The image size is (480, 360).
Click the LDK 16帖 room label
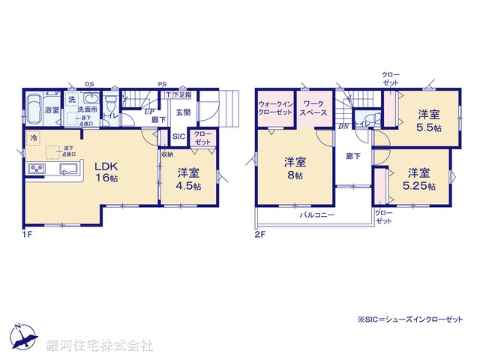(107, 172)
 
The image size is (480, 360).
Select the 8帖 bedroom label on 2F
(293, 168)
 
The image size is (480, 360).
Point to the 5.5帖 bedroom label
(428, 120)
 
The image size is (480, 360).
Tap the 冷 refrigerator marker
(34, 139)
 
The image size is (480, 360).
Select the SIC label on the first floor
(178, 137)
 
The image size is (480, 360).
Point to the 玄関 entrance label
(183, 112)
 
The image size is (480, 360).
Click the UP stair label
(148, 111)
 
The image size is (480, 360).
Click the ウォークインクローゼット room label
(275, 106)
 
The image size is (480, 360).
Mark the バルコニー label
(317, 214)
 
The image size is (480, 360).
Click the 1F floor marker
(27, 233)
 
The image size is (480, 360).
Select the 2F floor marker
(259, 234)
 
